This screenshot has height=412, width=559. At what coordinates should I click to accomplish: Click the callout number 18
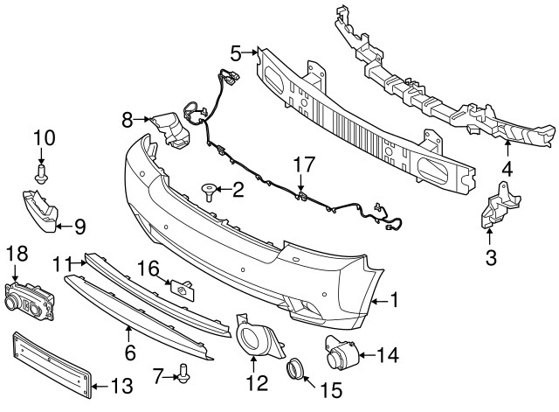tap(17, 254)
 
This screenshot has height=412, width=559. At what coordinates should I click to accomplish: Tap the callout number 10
tap(43, 137)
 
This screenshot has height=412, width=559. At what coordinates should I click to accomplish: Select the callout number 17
tap(302, 163)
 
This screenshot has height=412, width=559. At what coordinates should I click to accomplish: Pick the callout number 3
tap(490, 257)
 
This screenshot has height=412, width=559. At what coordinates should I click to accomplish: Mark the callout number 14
tap(388, 354)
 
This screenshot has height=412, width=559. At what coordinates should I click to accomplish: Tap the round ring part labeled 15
tap(294, 367)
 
